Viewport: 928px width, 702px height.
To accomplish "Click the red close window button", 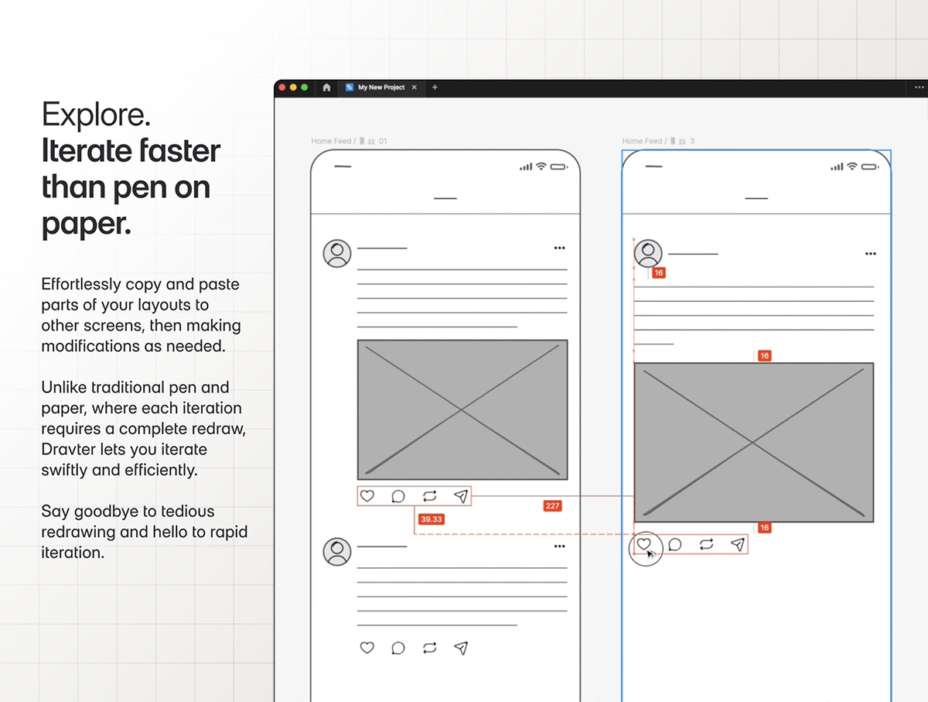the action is [282, 87].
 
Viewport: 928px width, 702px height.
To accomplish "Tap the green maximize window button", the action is [305, 87].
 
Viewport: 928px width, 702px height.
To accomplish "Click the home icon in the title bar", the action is [326, 87].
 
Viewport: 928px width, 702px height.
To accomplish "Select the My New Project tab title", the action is [381, 87].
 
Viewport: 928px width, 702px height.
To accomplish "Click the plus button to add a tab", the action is [435, 87].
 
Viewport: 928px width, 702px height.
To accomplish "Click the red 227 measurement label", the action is [553, 505].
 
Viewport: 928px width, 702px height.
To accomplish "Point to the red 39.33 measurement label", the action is [432, 519].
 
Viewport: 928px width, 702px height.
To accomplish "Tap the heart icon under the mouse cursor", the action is [643, 544].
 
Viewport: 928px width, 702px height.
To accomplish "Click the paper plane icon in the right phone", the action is [738, 544].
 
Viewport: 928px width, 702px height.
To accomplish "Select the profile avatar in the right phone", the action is [648, 253].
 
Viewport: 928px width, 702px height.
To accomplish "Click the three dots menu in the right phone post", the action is [871, 254].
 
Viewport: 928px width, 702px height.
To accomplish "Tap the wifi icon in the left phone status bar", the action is [541, 166].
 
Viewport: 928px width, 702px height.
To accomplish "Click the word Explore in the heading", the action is [96, 115].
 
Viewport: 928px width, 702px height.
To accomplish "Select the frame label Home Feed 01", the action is [350, 141].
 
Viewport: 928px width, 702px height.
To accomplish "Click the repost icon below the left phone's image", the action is [429, 496].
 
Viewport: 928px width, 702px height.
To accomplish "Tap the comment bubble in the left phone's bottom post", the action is [398, 648].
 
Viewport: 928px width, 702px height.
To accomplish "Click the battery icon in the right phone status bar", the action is [870, 166].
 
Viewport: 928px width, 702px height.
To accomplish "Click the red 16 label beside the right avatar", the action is [659, 273].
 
